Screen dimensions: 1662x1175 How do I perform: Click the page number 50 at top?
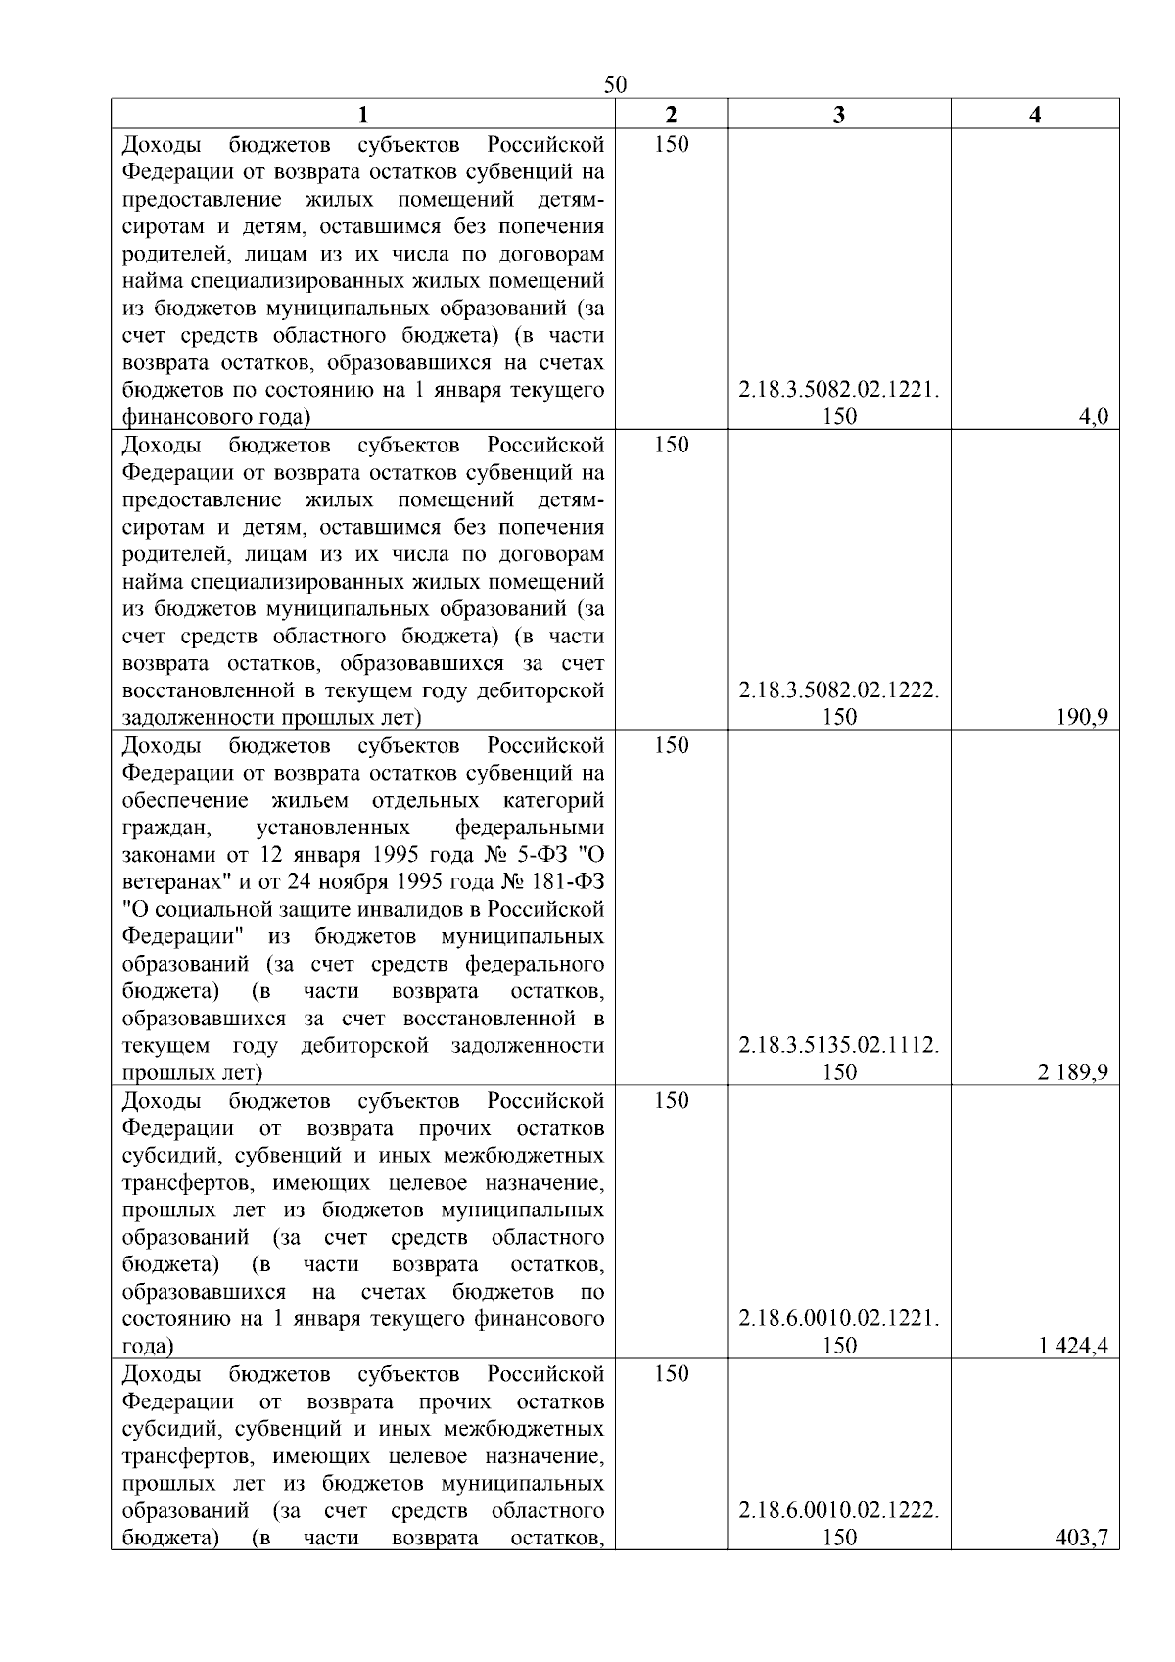pyautogui.click(x=615, y=85)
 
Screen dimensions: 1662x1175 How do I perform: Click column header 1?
pyautogui.click(x=363, y=115)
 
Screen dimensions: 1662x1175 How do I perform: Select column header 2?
pyautogui.click(x=671, y=115)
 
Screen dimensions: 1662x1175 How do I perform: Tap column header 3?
pyautogui.click(x=838, y=115)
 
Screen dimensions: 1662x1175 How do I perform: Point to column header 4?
pyautogui.click(x=1035, y=115)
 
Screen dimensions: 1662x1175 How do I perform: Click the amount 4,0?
pyautogui.click(x=1093, y=417)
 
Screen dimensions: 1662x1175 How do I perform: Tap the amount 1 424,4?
pyautogui.click(x=1073, y=1346)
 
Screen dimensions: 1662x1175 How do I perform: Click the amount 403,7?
pyautogui.click(x=1083, y=1538)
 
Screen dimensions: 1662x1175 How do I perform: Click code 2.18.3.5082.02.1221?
pyautogui.click(x=838, y=391)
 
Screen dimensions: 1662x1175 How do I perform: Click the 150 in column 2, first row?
pyautogui.click(x=671, y=145)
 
